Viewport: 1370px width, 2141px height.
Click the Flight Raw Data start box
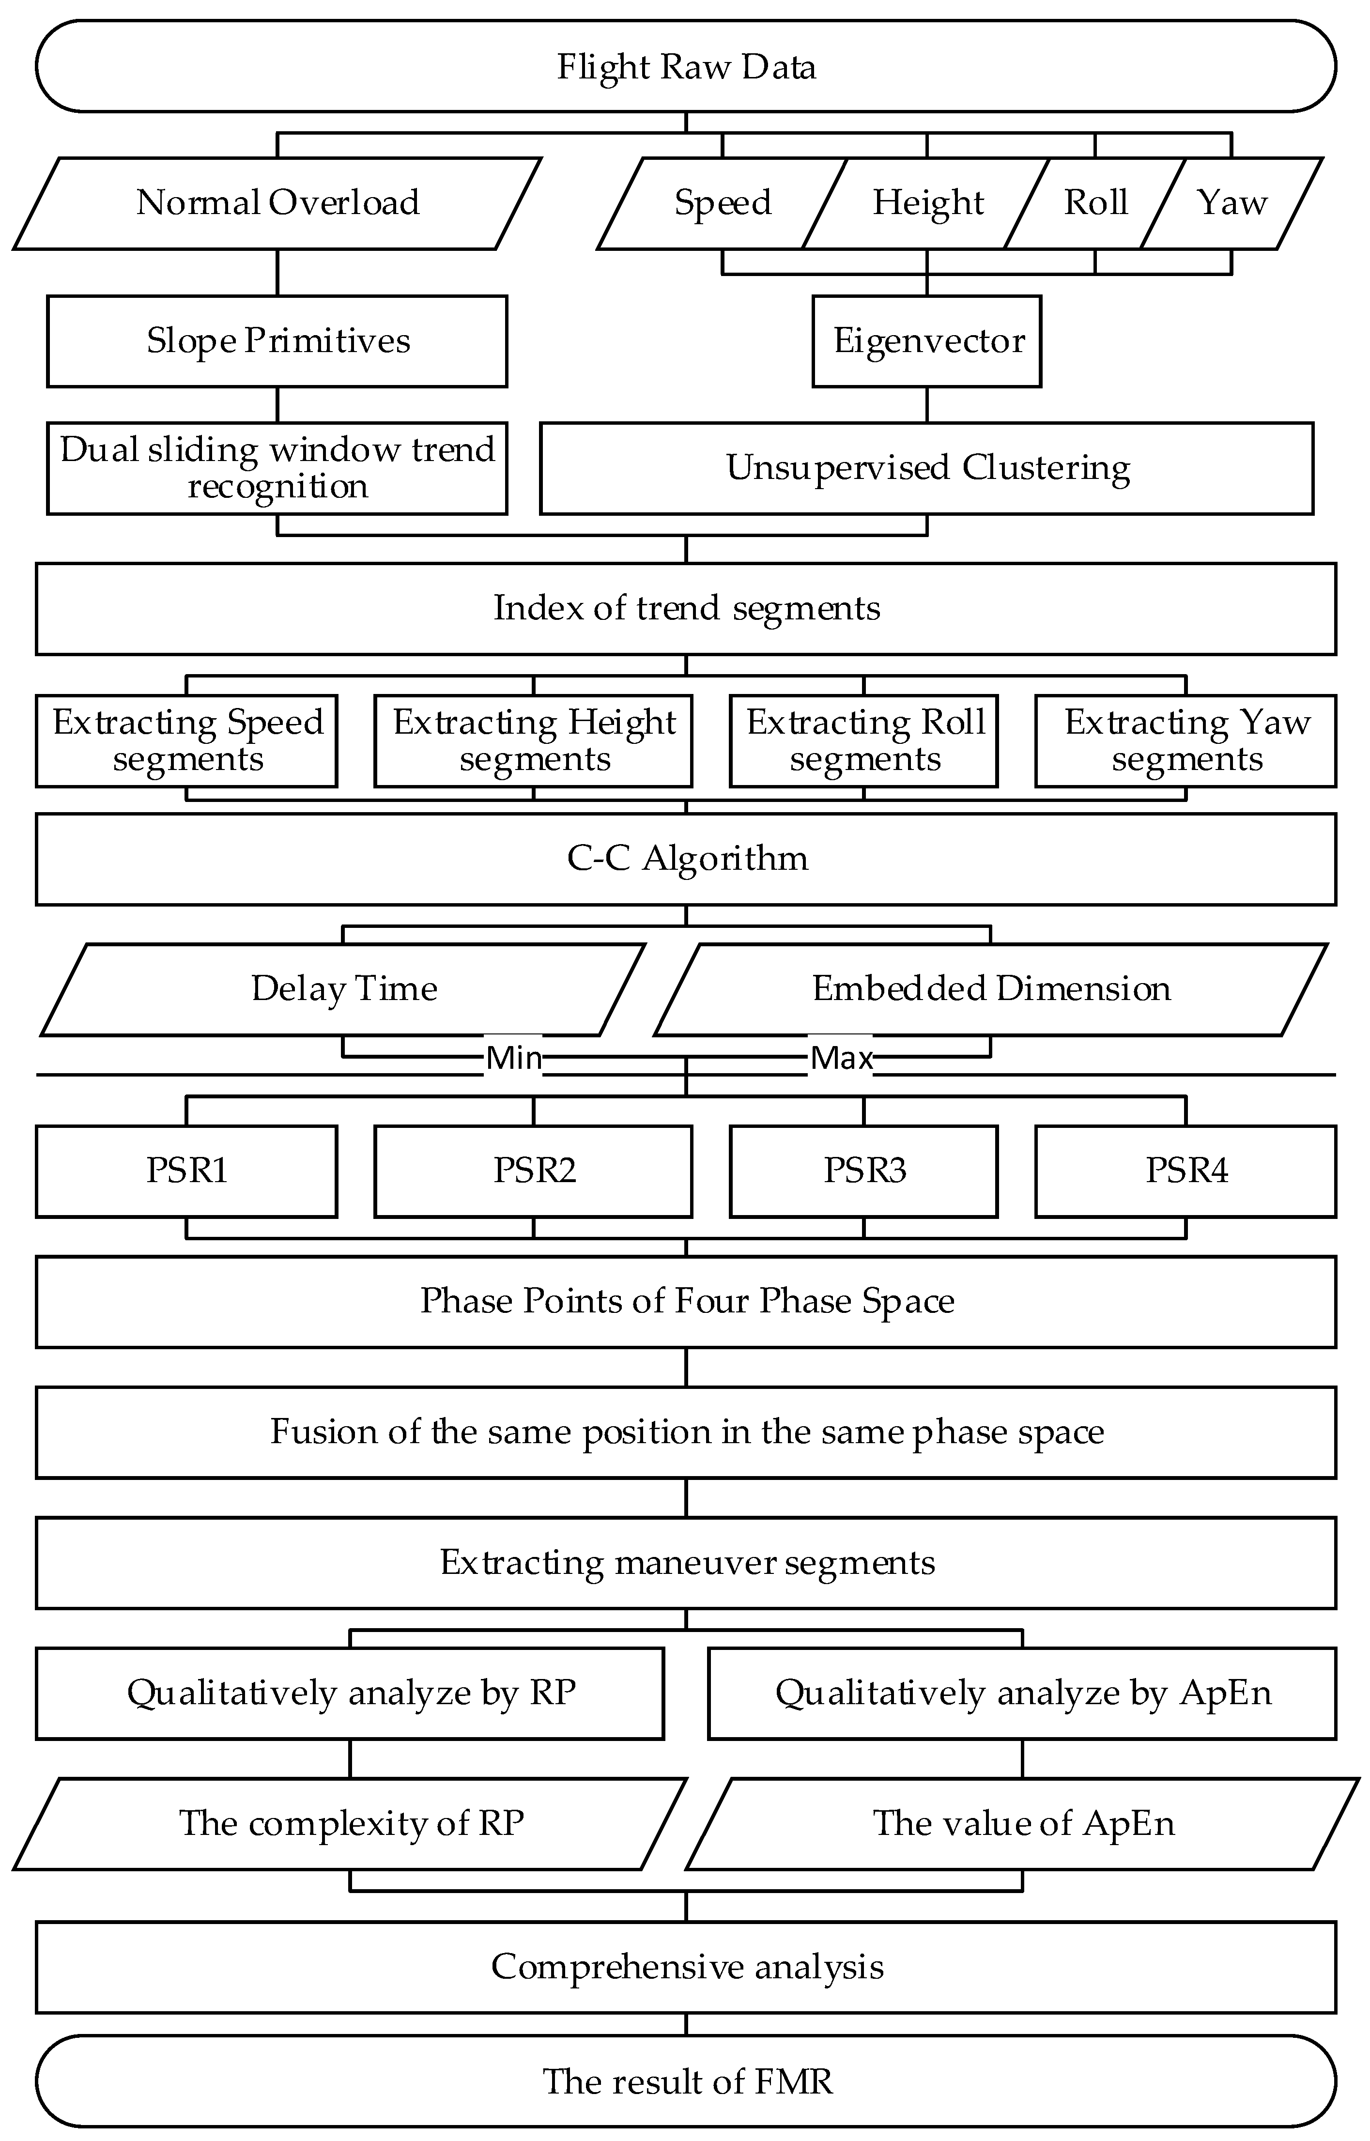click(x=686, y=67)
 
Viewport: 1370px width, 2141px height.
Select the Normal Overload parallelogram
click(x=277, y=203)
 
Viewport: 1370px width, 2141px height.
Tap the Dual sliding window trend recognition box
click(x=277, y=468)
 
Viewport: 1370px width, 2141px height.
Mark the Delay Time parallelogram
click(x=343, y=989)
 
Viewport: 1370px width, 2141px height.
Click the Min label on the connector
click(x=513, y=1058)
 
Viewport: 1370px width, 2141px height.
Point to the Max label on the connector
click(x=841, y=1058)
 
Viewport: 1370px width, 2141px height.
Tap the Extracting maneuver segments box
click(x=686, y=1563)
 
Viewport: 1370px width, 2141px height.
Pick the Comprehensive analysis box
click(x=686, y=1968)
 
